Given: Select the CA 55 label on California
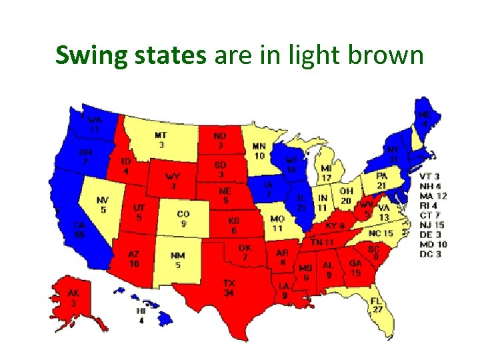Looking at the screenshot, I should coord(79,230).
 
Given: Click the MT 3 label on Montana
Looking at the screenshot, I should coord(161,139).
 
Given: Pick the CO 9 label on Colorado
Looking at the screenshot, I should coord(184,219).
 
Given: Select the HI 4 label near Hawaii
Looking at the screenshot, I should coord(140,315).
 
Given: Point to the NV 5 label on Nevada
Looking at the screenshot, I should coord(103,205).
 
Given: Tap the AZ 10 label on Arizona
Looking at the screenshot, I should coord(134,259).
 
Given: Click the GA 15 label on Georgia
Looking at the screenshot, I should coord(355,268).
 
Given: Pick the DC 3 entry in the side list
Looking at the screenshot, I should coord(430,254).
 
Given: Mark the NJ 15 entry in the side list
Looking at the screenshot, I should coord(433,225).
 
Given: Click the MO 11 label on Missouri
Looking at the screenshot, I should coord(277,223).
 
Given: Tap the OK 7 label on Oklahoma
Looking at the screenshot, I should coord(245,253).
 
